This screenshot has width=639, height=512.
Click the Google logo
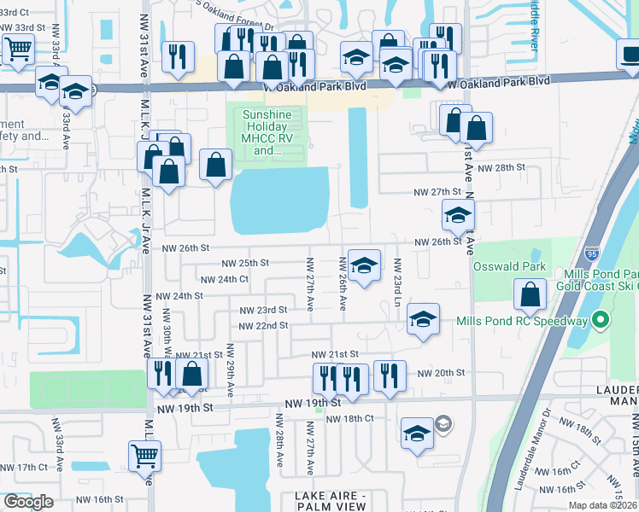[x=28, y=501]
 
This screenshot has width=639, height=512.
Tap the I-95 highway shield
[x=594, y=254]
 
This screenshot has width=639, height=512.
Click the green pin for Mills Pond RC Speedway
[x=601, y=321]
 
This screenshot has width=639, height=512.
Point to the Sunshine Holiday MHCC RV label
[x=267, y=132]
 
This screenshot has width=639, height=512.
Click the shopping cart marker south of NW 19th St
[x=144, y=455]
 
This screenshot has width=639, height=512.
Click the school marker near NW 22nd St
[x=423, y=318]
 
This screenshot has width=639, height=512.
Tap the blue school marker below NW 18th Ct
[x=417, y=433]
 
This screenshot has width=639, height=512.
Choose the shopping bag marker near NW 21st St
[x=192, y=373]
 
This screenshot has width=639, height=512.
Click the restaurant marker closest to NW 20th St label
[x=390, y=373]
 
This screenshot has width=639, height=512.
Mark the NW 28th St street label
[x=501, y=167]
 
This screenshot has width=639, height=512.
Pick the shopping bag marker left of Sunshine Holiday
[x=216, y=164]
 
